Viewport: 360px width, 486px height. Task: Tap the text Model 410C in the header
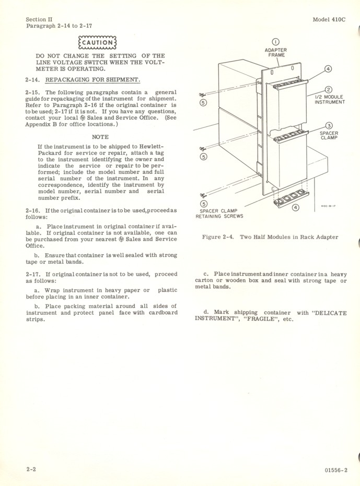[x=329, y=19]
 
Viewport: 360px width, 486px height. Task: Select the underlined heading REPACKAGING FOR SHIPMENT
[x=93, y=80]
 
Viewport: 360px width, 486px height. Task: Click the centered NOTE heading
[x=100, y=137]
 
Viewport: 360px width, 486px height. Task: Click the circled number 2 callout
[x=329, y=90]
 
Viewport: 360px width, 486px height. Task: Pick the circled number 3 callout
[x=329, y=126]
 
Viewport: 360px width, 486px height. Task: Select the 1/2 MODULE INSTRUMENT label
[x=329, y=99]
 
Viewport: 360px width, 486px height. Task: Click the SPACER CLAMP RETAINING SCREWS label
[x=219, y=214]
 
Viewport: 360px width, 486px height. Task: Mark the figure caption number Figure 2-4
[x=219, y=237]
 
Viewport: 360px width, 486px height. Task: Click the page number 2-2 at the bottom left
[x=31, y=469]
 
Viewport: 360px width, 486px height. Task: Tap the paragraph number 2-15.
[x=33, y=92]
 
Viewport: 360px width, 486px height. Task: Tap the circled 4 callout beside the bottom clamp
[x=296, y=208]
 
